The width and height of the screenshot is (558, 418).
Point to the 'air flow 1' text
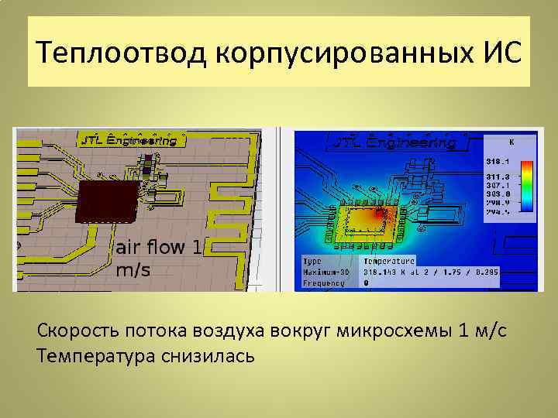click(x=159, y=247)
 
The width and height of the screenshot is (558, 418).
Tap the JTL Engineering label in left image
click(x=132, y=140)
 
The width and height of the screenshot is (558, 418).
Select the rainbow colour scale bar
click(x=526, y=186)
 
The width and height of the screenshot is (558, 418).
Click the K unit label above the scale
click(x=511, y=142)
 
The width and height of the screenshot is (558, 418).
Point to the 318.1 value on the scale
click(x=498, y=161)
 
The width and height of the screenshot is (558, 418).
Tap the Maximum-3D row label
click(x=324, y=272)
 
